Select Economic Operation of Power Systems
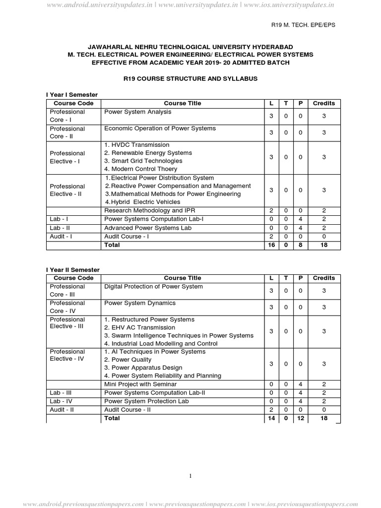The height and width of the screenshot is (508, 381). tap(160, 128)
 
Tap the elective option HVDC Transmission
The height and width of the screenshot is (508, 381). tap(136, 145)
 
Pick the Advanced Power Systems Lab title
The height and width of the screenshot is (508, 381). tap(147, 228)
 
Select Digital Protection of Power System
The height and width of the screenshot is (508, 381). tap(153, 287)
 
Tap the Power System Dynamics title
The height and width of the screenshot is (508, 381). tap(140, 303)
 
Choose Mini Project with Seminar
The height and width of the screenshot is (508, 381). tap(140, 384)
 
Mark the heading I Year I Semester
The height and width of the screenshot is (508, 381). tap(72, 94)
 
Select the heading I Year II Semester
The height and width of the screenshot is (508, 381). tap(73, 269)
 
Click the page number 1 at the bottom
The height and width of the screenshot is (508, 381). tap(190, 476)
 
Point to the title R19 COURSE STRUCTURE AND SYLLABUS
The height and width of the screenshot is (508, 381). tap(190, 79)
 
